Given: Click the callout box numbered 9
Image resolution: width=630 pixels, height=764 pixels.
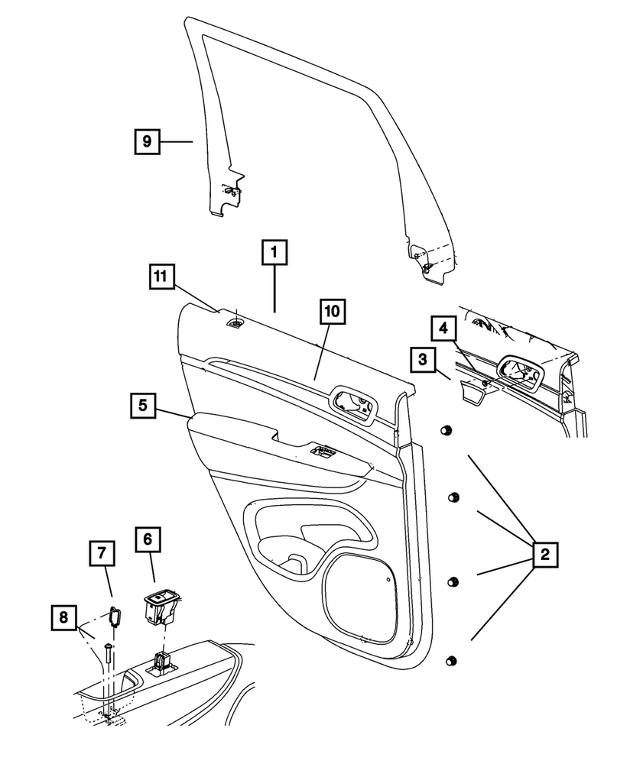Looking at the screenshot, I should pos(148,142).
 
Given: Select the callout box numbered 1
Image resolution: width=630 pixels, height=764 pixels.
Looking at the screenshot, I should pos(276,253).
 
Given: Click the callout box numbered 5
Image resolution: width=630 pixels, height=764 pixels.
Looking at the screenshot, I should pos(143,406).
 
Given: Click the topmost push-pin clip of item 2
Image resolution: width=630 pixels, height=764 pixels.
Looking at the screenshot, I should pos(443,432).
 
